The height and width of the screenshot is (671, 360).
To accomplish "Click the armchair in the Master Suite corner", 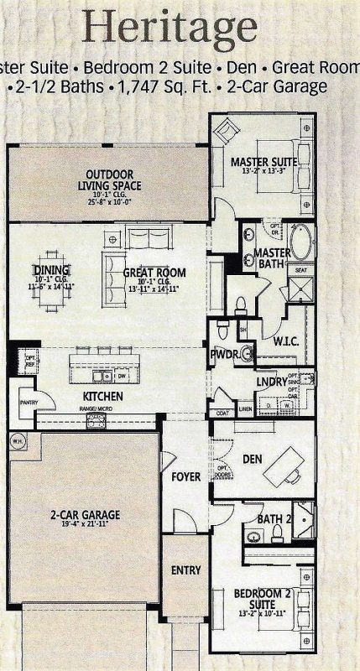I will click(x=226, y=132).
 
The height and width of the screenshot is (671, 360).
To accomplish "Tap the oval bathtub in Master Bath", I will click(x=301, y=242).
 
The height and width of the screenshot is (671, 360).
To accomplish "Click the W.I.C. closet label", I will click(x=287, y=342).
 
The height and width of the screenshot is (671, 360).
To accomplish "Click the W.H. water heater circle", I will click(x=17, y=441).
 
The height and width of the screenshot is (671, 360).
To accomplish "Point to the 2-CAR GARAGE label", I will click(x=84, y=514).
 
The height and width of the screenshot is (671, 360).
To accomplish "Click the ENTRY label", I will click(x=185, y=570).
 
